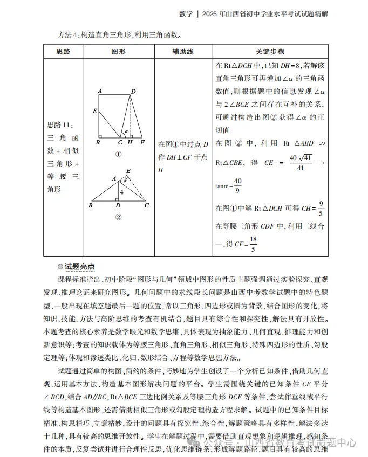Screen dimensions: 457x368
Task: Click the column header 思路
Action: tap(63, 52)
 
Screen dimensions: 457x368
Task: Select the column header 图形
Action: tap(118, 52)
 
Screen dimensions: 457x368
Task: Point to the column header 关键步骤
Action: tap(270, 52)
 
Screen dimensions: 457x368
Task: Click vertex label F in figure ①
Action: tap(142, 143)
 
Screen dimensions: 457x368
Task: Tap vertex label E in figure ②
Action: tap(128, 171)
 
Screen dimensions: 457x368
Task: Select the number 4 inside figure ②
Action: tap(122, 192)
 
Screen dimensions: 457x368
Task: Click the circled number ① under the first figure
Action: tap(119, 154)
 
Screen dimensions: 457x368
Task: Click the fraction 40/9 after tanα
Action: tap(238, 185)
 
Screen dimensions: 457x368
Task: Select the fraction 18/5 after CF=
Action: tap(253, 244)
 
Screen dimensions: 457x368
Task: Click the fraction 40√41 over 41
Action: tap(300, 162)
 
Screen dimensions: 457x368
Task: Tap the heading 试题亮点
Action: tap(79, 267)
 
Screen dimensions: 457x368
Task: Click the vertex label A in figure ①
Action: tap(100, 91)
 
